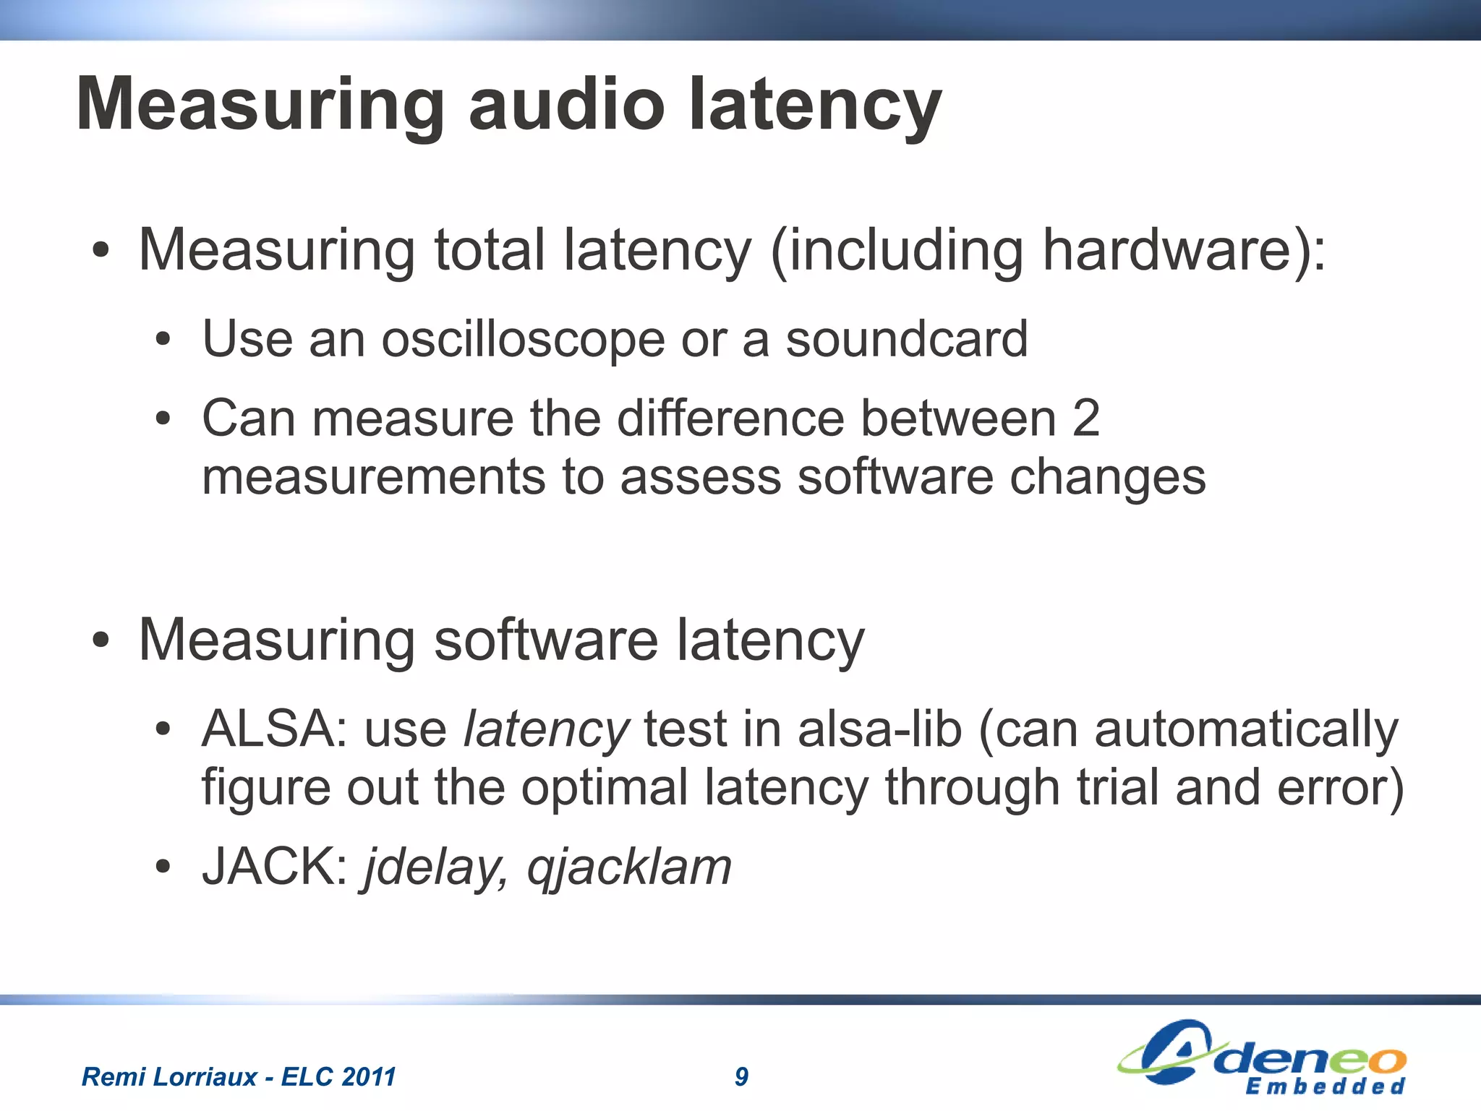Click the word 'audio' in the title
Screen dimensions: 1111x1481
566,105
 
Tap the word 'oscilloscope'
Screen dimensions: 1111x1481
522,340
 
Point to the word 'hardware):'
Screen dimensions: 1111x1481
1184,251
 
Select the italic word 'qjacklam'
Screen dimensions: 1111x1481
629,867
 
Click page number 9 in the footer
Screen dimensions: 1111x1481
741,1076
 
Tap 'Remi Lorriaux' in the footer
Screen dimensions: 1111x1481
168,1076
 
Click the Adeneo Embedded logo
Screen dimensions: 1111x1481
1261,1058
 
